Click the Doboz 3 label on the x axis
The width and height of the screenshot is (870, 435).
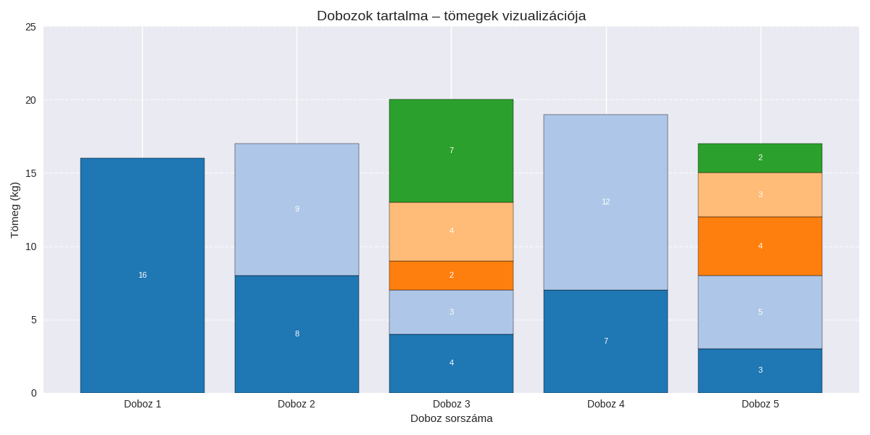[x=451, y=404]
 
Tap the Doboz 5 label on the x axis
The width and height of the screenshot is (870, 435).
[x=760, y=404]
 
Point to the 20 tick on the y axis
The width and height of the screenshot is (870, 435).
[x=30, y=100]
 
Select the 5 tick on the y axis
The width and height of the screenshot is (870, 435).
[x=33, y=320]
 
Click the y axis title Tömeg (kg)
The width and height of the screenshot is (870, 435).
[x=14, y=210]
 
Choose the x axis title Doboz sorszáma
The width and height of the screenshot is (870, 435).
[x=451, y=418]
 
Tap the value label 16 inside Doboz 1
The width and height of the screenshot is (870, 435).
[x=142, y=275]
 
